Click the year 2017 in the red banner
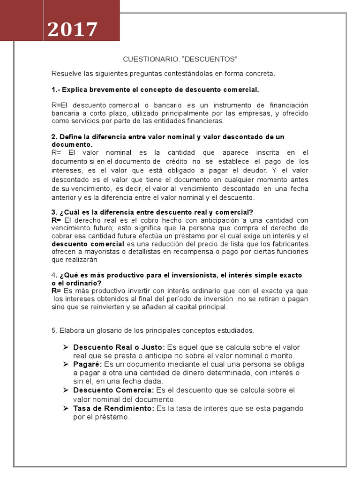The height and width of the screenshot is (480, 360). coord(73,30)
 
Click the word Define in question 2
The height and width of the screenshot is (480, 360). coord(70,137)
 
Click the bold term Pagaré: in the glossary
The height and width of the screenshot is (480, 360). coord(88,364)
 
